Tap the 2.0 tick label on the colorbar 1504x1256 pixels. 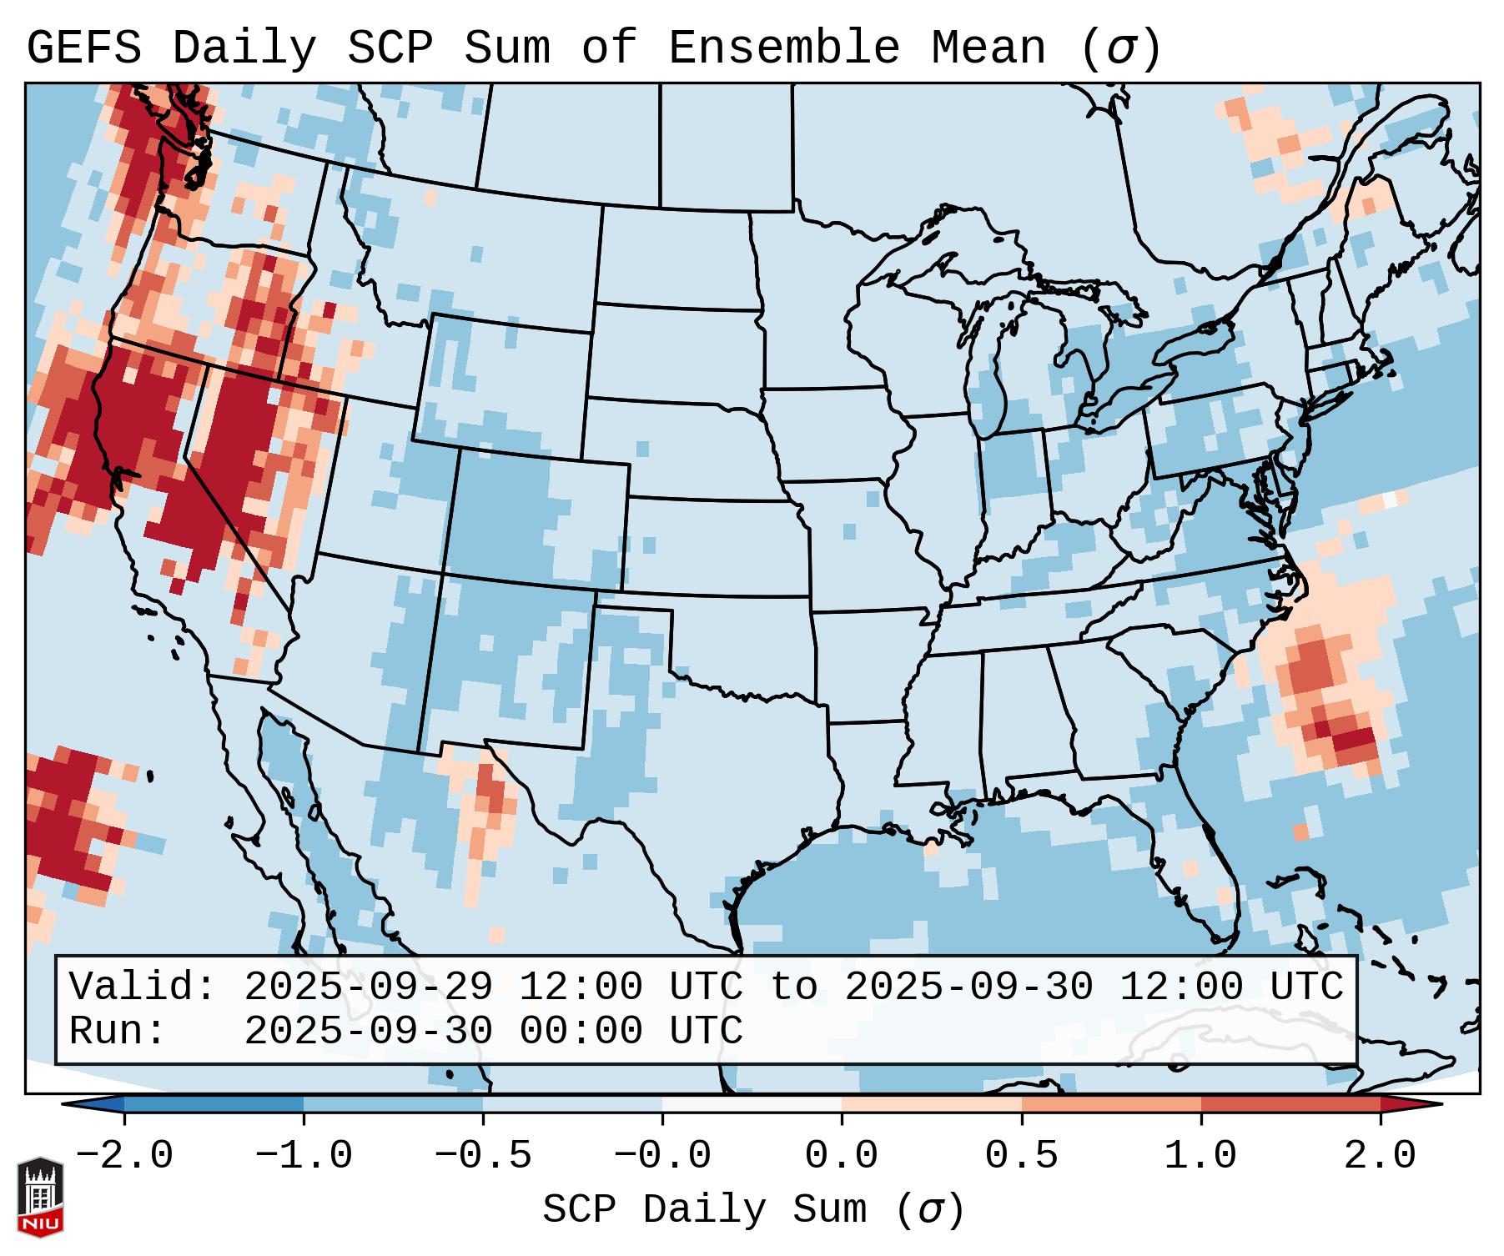(x=1380, y=1155)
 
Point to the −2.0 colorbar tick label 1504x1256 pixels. (x=123, y=1155)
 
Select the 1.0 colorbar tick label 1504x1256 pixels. (x=1200, y=1155)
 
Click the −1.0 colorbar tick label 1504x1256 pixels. (x=303, y=1155)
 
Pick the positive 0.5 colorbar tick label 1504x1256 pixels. (x=1021, y=1155)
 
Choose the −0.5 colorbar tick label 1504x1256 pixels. (x=482, y=1155)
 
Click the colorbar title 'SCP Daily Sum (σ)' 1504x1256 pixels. (x=753, y=1209)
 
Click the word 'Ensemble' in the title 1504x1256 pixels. (x=783, y=48)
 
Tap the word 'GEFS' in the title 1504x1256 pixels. (x=83, y=48)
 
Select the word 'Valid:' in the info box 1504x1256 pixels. (x=143, y=987)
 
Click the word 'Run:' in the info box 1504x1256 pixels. (x=118, y=1031)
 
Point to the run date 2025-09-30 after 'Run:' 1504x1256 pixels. (x=368, y=1031)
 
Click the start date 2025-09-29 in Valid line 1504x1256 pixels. (x=368, y=987)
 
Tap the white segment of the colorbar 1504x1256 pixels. (x=752, y=1104)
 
